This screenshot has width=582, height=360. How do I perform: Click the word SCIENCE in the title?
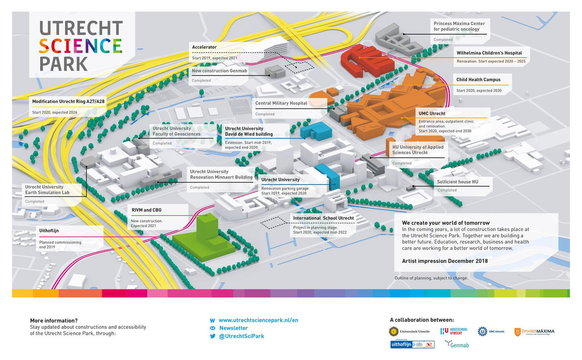coord(80,46)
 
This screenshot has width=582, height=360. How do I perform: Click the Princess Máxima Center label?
coord(459,26)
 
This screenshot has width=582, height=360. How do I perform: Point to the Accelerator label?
coord(204,47)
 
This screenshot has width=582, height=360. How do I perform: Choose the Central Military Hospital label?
coord(281,103)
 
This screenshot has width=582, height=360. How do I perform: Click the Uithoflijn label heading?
coord(49,231)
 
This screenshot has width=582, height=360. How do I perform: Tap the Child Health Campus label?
coord(478,80)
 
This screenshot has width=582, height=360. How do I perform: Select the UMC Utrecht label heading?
coord(431,113)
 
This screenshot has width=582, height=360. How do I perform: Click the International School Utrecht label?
coord(323,218)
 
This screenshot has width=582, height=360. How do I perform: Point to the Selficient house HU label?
coord(457,182)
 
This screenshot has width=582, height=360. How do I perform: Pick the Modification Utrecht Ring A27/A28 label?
coord(69,101)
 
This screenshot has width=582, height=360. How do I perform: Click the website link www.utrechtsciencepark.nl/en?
coord(258,320)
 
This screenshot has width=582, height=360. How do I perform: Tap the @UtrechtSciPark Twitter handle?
coord(241,336)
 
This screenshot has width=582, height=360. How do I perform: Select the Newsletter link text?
coord(233,328)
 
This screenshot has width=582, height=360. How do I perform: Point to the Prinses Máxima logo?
coord(534,332)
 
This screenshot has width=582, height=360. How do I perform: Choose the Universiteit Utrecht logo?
coord(409,331)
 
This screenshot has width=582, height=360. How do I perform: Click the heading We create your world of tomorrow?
coord(446,223)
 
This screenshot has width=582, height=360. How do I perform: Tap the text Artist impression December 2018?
coord(445,261)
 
